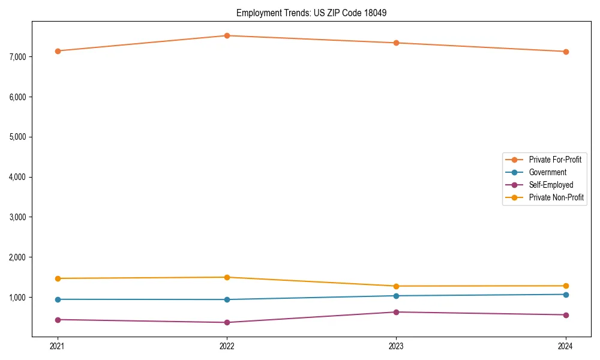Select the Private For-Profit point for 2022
tap(227, 35)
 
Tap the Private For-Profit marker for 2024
tap(566, 52)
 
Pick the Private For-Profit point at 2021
tap(58, 51)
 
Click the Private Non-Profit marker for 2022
tap(227, 277)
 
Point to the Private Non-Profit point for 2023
tap(396, 286)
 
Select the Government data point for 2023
tap(396, 296)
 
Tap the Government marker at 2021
tap(58, 299)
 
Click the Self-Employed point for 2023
tap(396, 312)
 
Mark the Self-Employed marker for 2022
tap(227, 322)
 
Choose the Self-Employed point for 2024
tap(566, 315)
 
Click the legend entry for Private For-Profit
tap(554, 160)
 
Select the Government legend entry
tap(547, 172)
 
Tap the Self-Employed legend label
tap(551, 185)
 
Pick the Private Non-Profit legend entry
tap(556, 197)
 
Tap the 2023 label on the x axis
tap(396, 346)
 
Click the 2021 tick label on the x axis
tap(58, 346)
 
